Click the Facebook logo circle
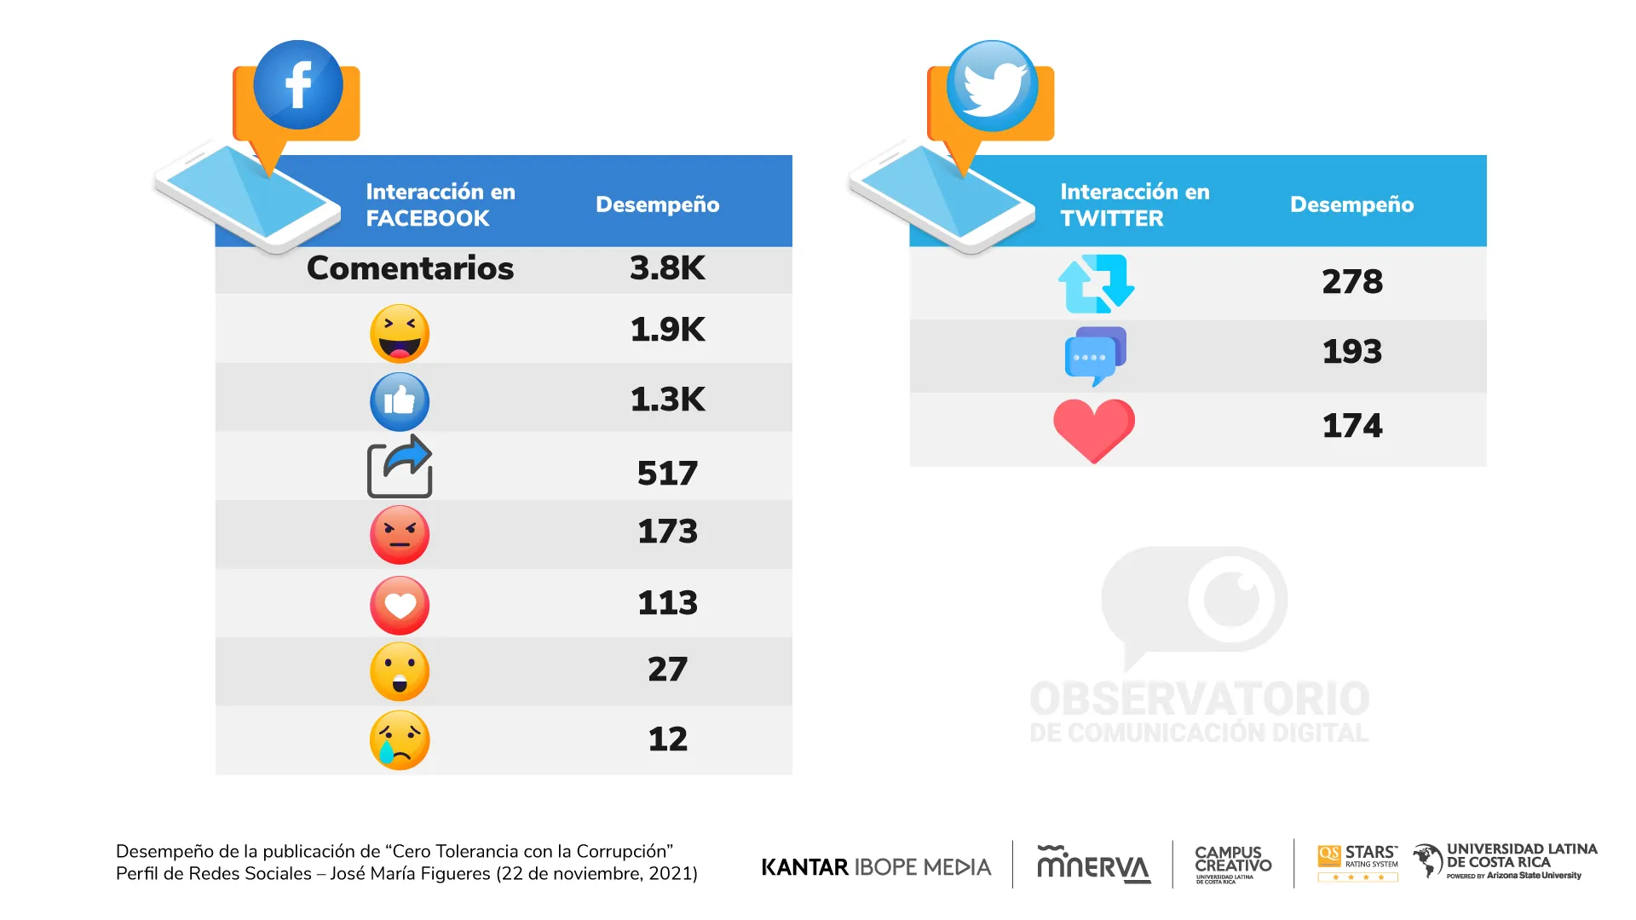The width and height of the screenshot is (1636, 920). (298, 85)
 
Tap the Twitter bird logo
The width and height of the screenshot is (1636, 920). (992, 86)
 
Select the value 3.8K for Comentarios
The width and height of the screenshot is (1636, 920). (667, 268)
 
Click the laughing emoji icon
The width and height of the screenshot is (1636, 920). (400, 333)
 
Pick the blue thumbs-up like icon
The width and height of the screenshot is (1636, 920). (400, 401)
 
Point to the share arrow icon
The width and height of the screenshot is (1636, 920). (400, 467)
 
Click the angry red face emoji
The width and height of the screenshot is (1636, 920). (400, 535)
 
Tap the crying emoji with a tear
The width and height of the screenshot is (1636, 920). (400, 740)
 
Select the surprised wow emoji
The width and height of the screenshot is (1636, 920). (400, 671)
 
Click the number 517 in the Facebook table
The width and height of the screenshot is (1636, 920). (667, 474)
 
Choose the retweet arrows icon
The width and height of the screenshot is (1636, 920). (1096, 284)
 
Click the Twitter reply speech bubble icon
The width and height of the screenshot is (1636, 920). (1095, 355)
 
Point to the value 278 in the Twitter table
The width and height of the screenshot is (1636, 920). (1352, 282)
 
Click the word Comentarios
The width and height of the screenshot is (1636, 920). (410, 268)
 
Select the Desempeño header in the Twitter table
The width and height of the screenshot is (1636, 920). (1351, 204)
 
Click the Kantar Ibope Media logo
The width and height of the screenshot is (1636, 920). (876, 867)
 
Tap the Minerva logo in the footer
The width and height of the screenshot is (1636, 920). (1093, 865)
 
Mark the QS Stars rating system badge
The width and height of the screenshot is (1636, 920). (1357, 863)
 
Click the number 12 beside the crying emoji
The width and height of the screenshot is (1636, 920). (667, 739)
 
